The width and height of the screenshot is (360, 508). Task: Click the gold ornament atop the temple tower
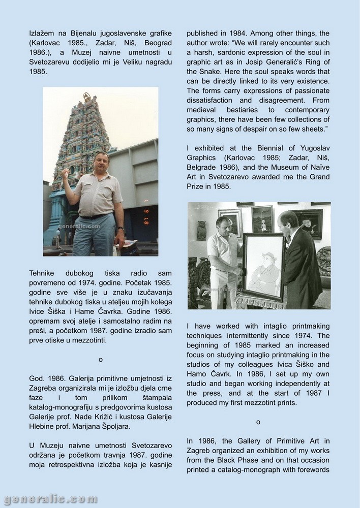pos(86,96)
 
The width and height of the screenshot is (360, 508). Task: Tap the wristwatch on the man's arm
pos(119,228)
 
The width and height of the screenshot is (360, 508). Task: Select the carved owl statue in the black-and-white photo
pos(201,230)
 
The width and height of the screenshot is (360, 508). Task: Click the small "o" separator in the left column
pos(101,360)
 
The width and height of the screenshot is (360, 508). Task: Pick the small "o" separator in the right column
pos(258,422)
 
